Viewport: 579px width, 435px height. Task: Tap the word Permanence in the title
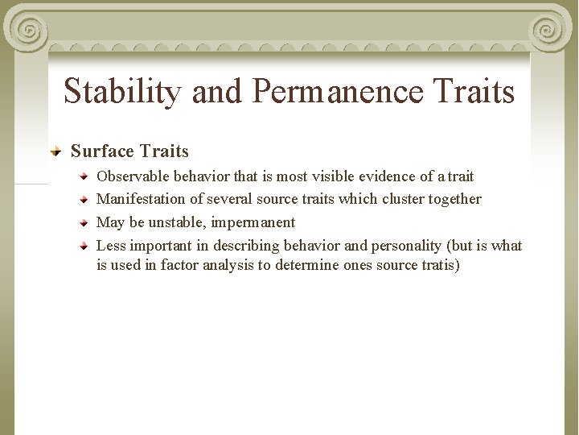(x=338, y=92)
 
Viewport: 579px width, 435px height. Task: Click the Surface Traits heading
(x=129, y=151)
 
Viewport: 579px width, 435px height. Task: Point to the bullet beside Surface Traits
(x=56, y=151)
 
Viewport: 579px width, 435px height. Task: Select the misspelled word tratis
(x=433, y=265)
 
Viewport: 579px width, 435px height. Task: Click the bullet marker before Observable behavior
(x=84, y=175)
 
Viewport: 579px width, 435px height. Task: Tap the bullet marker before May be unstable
(x=84, y=222)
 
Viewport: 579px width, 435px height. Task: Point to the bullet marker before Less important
(x=84, y=245)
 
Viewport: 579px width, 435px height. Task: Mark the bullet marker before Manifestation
(x=84, y=198)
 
